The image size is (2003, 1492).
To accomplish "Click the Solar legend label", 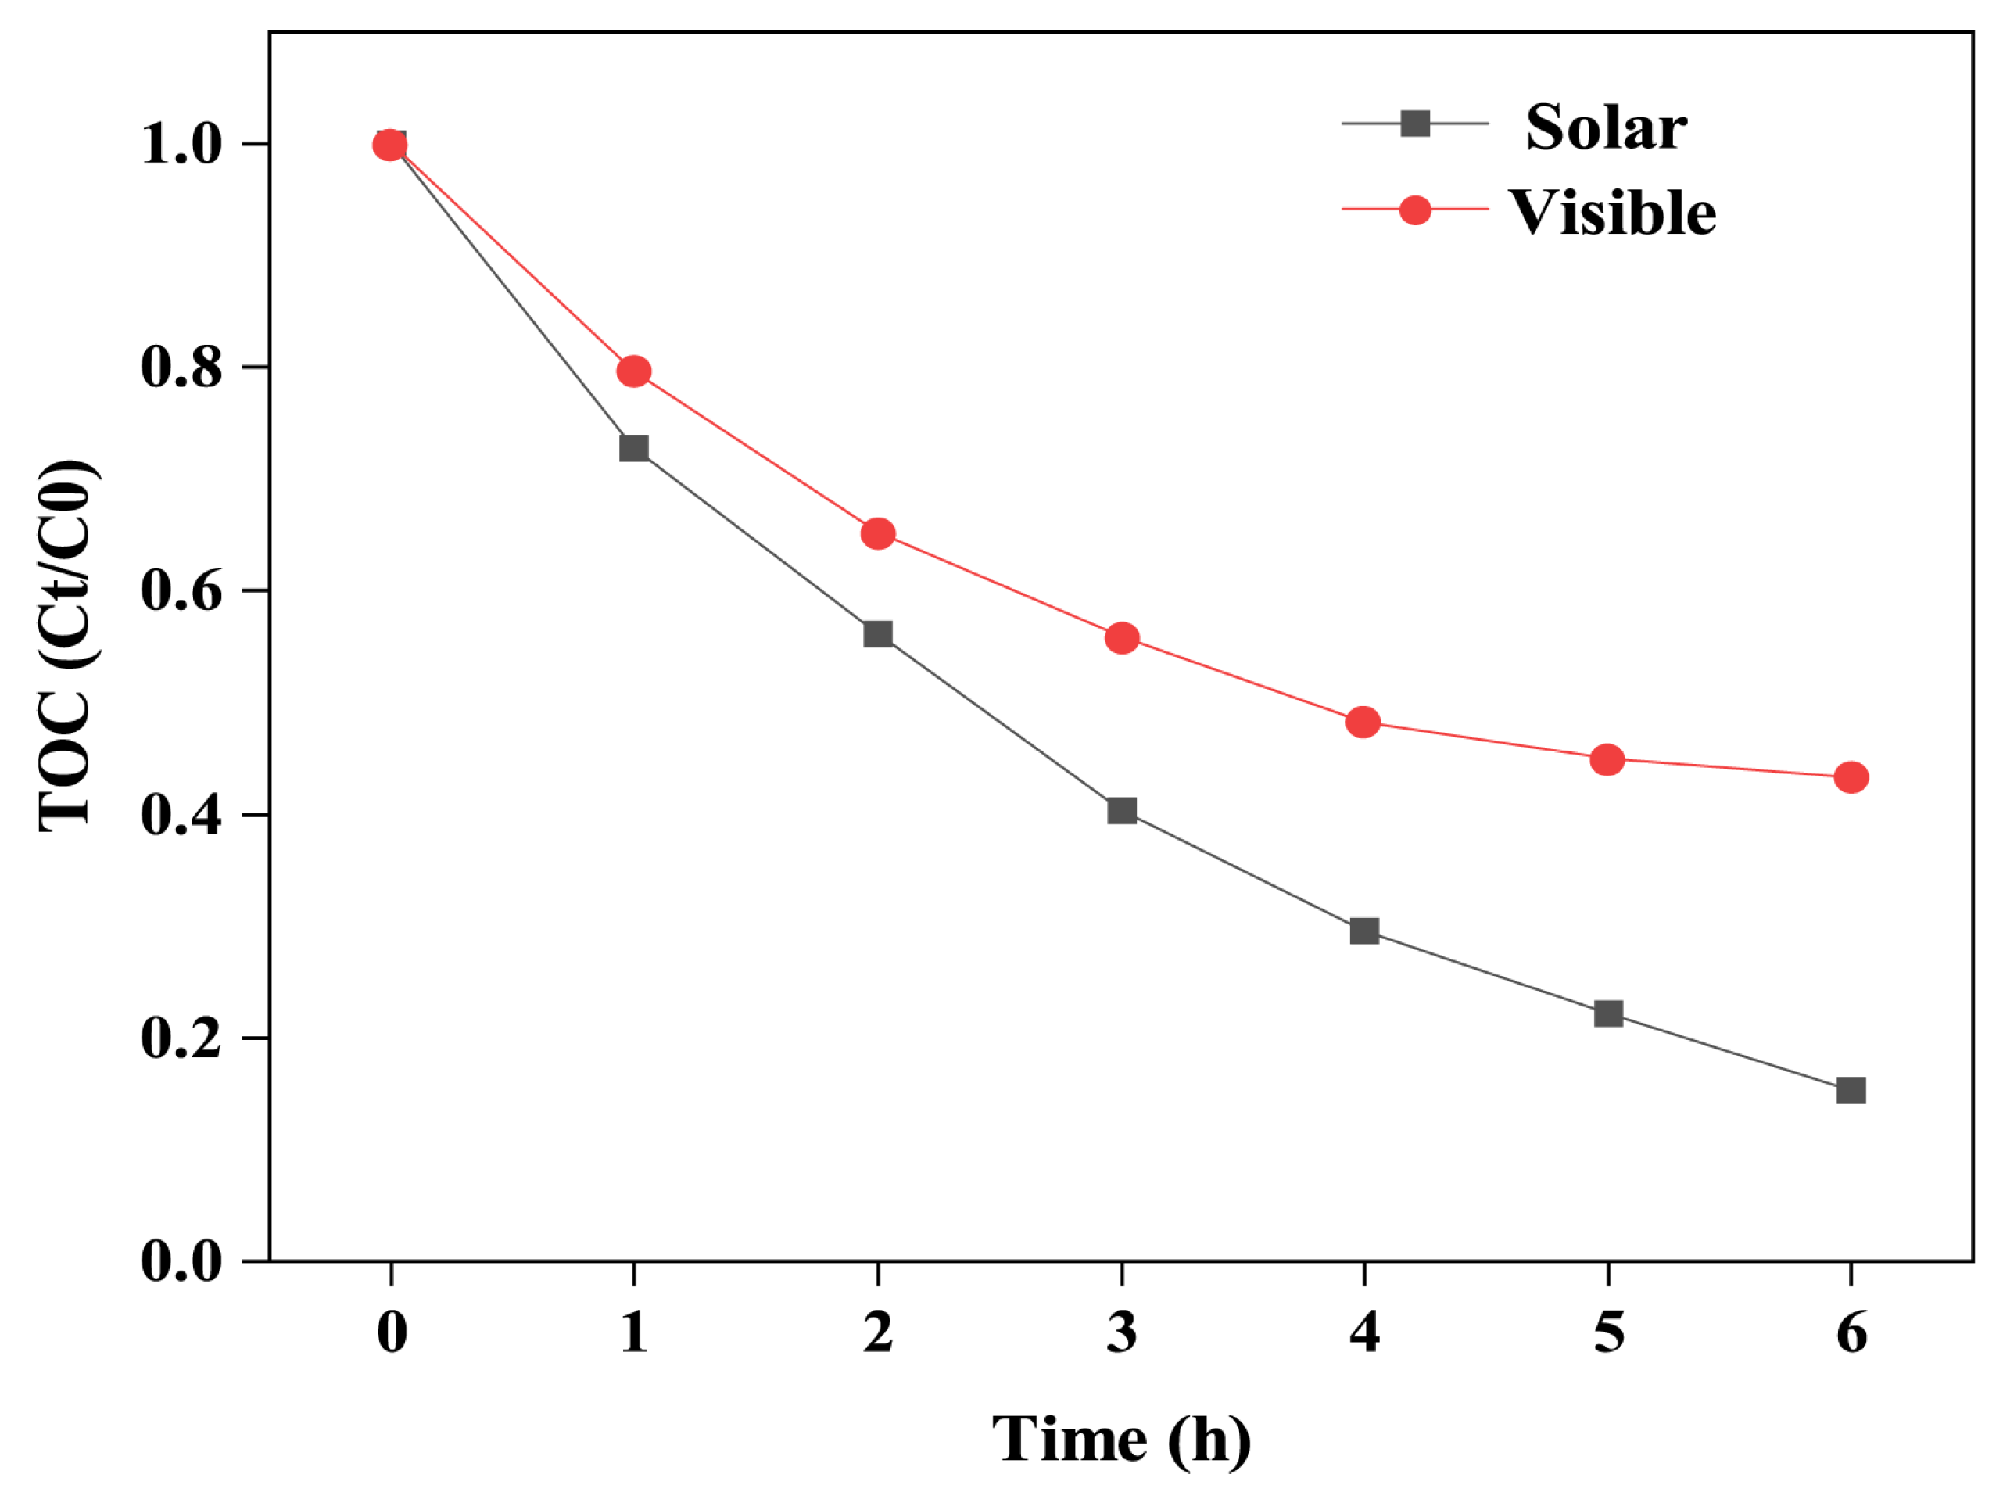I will pyautogui.click(x=1605, y=127).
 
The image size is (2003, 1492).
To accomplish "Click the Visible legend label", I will pyautogui.click(x=1612, y=213).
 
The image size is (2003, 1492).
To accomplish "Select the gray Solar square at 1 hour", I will pyautogui.click(x=634, y=448).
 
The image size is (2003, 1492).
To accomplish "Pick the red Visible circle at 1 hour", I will pyautogui.click(x=634, y=371).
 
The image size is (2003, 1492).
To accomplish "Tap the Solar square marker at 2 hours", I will pyautogui.click(x=878, y=633).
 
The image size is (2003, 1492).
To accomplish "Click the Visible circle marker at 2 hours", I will pyautogui.click(x=878, y=534).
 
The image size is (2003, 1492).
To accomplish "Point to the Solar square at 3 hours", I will pyautogui.click(x=1122, y=810).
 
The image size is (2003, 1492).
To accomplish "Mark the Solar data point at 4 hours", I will pyautogui.click(x=1364, y=931).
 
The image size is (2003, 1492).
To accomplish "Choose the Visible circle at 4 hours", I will pyautogui.click(x=1363, y=723).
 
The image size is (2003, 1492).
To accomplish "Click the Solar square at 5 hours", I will pyautogui.click(x=1608, y=1013).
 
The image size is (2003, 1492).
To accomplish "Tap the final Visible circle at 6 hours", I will pyautogui.click(x=1851, y=776).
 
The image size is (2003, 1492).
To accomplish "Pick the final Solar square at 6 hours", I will pyautogui.click(x=1851, y=1090).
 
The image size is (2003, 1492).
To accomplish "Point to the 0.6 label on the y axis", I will pyautogui.click(x=181, y=592).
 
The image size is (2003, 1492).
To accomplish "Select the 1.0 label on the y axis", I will pyautogui.click(x=181, y=145).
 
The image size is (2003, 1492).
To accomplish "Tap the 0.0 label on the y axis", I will pyautogui.click(x=181, y=1261).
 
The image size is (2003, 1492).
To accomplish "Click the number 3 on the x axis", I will pyautogui.click(x=1122, y=1333).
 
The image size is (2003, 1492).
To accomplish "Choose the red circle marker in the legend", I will pyautogui.click(x=1415, y=210).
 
